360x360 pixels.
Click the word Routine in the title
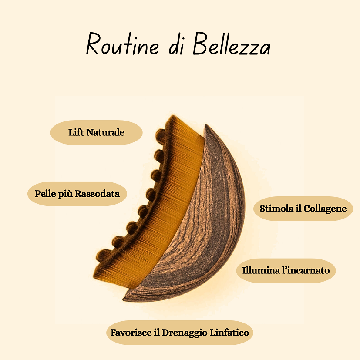point(122,44)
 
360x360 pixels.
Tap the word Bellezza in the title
point(232,45)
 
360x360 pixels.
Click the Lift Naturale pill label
point(97,132)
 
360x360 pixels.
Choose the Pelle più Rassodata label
point(77,193)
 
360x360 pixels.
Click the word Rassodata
point(98,193)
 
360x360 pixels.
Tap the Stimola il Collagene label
point(303,209)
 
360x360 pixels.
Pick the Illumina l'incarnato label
point(286,271)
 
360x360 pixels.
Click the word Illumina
point(260,271)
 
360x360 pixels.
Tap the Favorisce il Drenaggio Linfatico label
point(180,333)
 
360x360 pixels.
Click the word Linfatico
point(231,333)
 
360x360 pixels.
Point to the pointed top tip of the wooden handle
point(206,126)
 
